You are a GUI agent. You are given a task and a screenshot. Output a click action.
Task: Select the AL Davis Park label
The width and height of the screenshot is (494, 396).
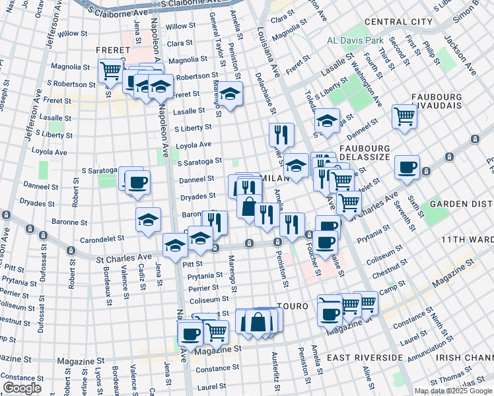[355, 41]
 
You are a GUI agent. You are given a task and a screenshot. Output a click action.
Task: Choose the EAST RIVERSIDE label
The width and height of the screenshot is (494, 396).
[365, 357]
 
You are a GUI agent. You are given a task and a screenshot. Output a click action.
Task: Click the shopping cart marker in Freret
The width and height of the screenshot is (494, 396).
[111, 70]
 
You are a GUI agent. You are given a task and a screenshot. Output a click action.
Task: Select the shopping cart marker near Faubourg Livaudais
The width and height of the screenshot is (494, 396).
[404, 116]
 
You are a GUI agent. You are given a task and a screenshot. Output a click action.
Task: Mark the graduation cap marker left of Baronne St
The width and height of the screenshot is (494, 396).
[149, 219]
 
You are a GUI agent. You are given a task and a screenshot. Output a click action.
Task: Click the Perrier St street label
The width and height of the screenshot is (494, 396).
[202, 288]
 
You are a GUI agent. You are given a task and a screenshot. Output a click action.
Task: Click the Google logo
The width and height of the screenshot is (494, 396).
[22, 388]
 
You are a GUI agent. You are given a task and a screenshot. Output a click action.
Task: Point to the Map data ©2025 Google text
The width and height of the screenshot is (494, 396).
[453, 391]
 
